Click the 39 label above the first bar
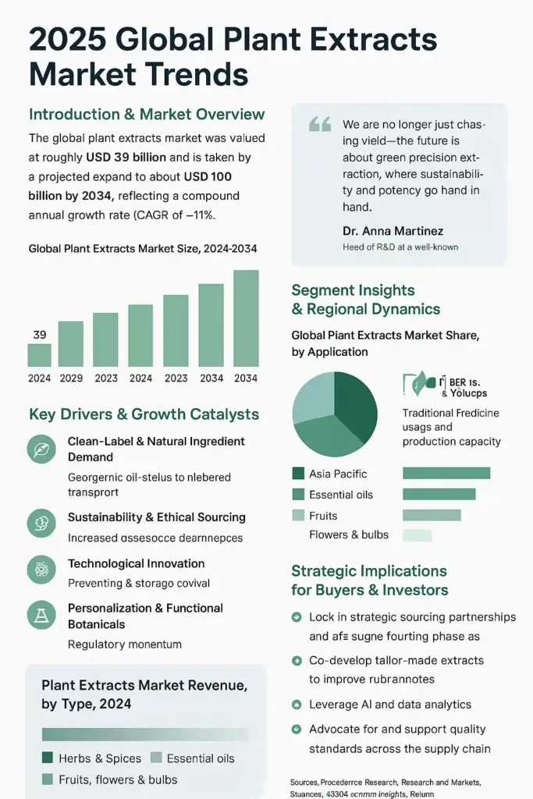[40, 335]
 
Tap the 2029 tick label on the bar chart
[72, 378]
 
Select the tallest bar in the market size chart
[246, 318]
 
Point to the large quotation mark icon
[320, 125]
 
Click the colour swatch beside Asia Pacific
[298, 474]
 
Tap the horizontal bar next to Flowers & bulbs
[417, 535]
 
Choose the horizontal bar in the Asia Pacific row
[446, 473]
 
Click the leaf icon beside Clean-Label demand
[40, 449]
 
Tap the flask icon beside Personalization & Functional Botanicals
[40, 616]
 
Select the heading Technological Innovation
[136, 563]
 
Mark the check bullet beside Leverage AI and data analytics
[297, 705]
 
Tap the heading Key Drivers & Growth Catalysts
[144, 414]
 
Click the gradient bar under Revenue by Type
[145, 734]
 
